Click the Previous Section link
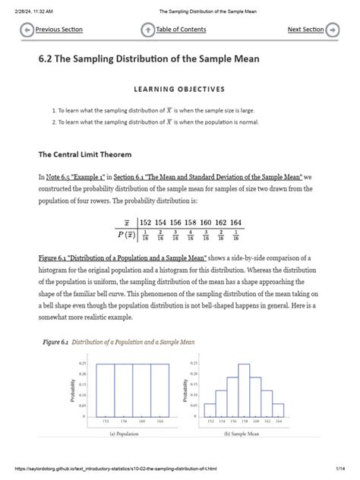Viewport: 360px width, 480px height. tap(59, 30)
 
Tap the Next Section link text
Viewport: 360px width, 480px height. tap(305, 30)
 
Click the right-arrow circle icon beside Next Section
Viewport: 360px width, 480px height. tap(332, 30)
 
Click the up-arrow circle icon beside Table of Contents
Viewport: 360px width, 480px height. tap(148, 30)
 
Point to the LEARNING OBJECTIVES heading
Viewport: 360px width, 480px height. tap(180, 89)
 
